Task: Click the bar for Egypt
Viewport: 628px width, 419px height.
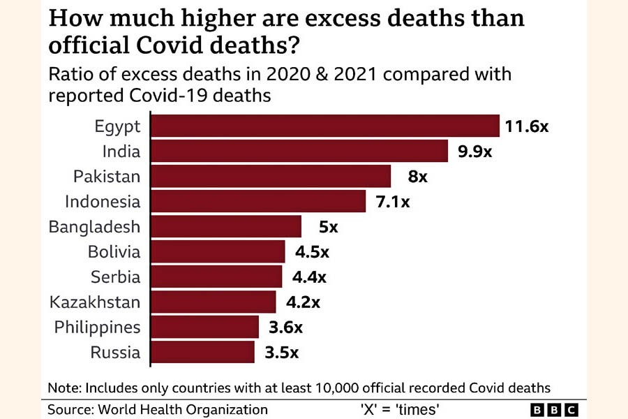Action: pos(325,126)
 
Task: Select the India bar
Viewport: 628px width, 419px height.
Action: pos(299,152)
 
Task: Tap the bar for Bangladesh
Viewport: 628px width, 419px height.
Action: pos(226,227)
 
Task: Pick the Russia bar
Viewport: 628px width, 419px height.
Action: pos(203,352)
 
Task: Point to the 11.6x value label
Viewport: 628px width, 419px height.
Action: pos(528,126)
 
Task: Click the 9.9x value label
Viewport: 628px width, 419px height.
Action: pos(475,152)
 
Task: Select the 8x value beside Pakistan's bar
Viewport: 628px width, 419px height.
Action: pos(417,177)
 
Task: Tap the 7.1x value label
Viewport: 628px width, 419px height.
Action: pos(392,202)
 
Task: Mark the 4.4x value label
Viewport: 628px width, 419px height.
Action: pos(309,277)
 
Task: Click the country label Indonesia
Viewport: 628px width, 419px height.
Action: pos(103,202)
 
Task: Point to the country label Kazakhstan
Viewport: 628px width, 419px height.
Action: pos(95,302)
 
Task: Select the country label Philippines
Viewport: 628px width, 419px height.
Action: pos(97,327)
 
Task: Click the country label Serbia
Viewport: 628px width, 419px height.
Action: pos(115,277)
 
